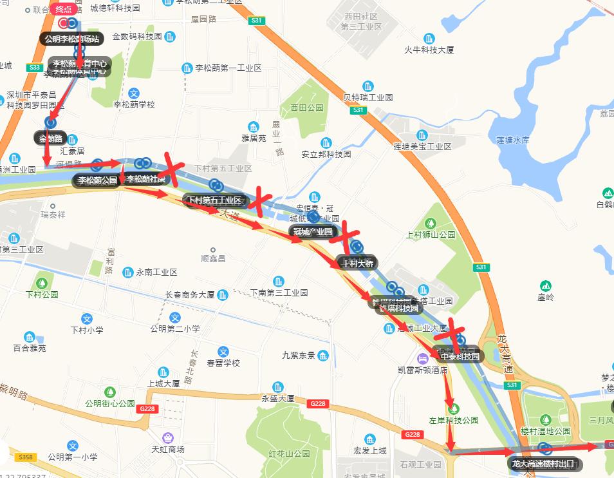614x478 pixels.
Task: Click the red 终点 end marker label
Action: [64, 9]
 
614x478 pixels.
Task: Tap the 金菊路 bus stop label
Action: [51, 137]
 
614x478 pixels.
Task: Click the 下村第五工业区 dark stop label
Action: [214, 200]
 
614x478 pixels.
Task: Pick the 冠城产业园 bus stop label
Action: [312, 231]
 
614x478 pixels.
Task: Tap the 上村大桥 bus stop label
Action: [358, 263]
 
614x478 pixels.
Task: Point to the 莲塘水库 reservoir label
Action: [512, 139]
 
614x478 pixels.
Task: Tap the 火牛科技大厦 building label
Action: [429, 50]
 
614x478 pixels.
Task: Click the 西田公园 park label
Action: [306, 108]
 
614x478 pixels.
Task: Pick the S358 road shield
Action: [25, 457]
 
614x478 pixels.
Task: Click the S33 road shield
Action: [35, 67]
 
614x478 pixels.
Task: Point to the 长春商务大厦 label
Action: [190, 294]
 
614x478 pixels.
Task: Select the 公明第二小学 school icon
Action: [175, 318]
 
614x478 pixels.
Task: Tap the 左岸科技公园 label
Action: [454, 420]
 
